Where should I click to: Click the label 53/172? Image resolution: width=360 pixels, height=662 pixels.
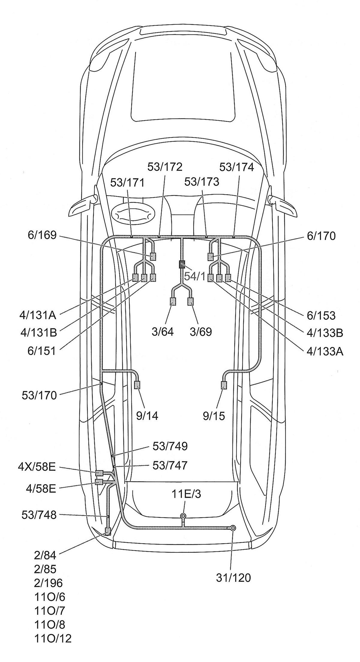click(165, 167)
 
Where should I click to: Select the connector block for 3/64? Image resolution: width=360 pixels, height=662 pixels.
click(173, 302)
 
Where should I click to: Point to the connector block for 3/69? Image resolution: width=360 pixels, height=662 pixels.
click(190, 302)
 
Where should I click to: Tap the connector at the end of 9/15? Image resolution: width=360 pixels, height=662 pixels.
click(224, 385)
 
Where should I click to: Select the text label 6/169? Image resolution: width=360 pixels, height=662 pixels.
click(42, 235)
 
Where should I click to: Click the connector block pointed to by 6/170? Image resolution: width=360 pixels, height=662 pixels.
click(211, 257)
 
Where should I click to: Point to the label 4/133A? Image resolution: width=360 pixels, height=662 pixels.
click(325, 352)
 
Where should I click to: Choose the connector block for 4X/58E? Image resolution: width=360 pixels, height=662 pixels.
click(99, 473)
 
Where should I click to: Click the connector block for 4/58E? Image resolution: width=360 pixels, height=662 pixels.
click(99, 482)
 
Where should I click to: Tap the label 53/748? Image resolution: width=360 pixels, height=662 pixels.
click(39, 515)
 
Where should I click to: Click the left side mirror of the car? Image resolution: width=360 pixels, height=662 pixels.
click(83, 206)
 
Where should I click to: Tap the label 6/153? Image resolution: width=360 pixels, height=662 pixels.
click(321, 315)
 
